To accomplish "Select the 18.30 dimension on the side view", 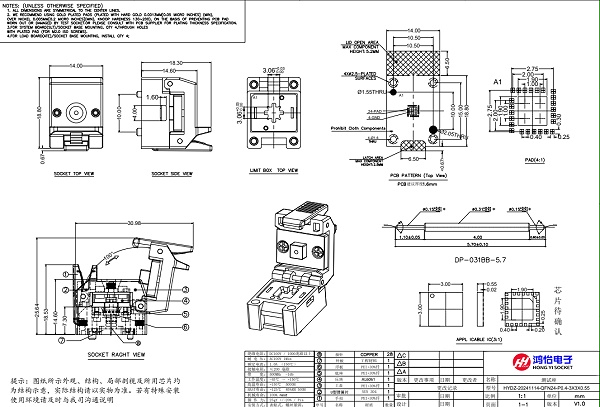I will [180, 64].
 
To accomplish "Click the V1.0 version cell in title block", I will [580, 402].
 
